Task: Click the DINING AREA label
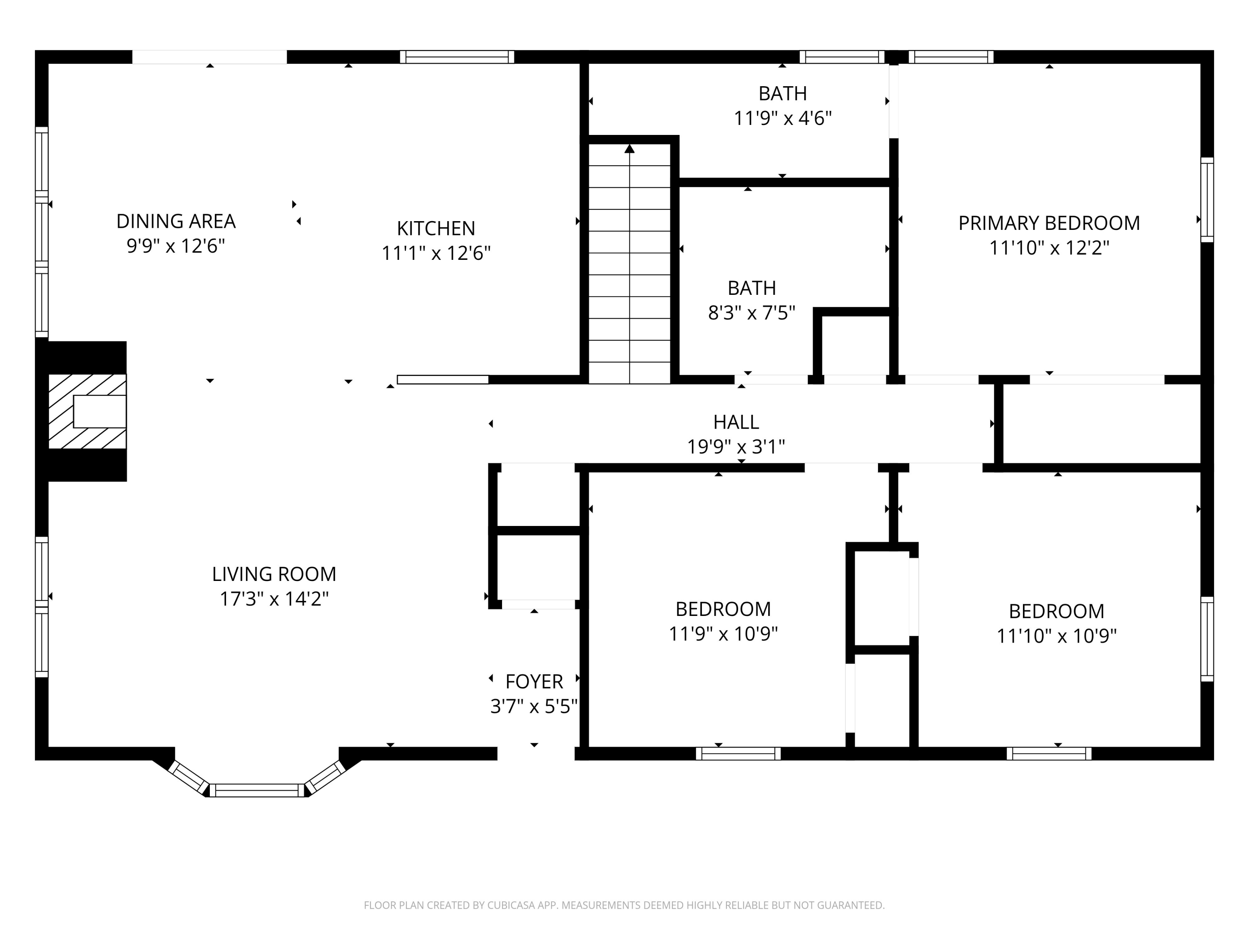tap(176, 221)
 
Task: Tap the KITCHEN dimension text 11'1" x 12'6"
tap(436, 253)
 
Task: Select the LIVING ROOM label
tap(274, 574)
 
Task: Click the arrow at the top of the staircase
tap(629, 149)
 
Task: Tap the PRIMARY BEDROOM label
tap(1049, 223)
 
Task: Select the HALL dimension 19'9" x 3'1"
tap(735, 447)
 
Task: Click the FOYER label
tap(534, 682)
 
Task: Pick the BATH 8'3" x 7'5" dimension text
tap(751, 312)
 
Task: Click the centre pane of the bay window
tap(257, 790)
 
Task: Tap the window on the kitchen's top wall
tap(457, 57)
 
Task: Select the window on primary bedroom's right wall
tap(1206, 200)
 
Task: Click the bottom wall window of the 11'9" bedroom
tap(738, 753)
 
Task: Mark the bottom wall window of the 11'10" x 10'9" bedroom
tap(1049, 753)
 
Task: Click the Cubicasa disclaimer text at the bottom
tap(624, 905)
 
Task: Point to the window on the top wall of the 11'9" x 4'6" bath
tap(841, 57)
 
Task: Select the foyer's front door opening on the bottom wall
tap(535, 753)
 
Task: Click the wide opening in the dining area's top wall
tap(209, 57)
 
